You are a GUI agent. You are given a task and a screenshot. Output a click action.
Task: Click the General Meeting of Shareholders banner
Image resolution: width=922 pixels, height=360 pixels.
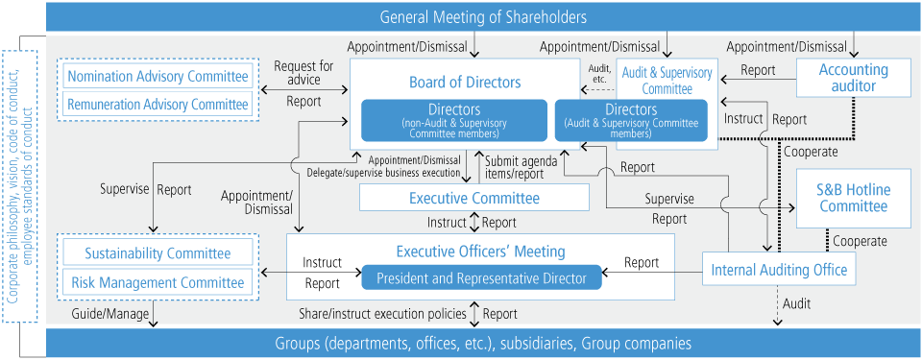pyautogui.click(x=483, y=16)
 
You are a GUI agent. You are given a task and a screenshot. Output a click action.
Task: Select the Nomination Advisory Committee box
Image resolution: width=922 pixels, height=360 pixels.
pyautogui.click(x=158, y=77)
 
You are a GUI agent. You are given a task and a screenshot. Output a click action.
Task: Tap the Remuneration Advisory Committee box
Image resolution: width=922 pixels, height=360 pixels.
pyautogui.click(x=158, y=105)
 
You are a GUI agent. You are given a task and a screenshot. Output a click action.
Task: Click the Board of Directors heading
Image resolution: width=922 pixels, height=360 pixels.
pyautogui.click(x=465, y=83)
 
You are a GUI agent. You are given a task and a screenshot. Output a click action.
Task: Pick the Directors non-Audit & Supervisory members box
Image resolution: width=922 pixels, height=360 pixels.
pyautogui.click(x=454, y=121)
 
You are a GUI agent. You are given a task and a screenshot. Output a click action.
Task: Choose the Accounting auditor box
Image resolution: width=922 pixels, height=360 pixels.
pyautogui.click(x=853, y=78)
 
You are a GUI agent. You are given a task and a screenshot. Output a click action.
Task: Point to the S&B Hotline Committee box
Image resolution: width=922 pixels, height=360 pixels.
pyautogui.click(x=853, y=198)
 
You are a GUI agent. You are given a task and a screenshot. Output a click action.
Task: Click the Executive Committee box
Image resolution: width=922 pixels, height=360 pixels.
pyautogui.click(x=474, y=198)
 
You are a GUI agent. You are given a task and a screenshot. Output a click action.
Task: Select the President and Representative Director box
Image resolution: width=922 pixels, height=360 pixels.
pyautogui.click(x=481, y=278)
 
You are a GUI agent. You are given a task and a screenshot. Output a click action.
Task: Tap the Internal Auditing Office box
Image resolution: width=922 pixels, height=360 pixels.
pyautogui.click(x=779, y=270)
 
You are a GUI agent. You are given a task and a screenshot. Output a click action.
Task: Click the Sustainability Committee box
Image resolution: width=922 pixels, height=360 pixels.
pyautogui.click(x=158, y=253)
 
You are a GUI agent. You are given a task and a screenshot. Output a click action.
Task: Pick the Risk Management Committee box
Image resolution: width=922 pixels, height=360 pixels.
pyautogui.click(x=158, y=282)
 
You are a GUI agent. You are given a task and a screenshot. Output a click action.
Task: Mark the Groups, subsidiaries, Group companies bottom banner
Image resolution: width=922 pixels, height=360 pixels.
pyautogui.click(x=483, y=343)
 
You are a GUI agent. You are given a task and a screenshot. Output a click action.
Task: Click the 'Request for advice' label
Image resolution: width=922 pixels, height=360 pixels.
pyautogui.click(x=303, y=73)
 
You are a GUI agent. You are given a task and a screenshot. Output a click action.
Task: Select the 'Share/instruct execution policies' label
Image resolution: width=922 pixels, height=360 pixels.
pyautogui.click(x=381, y=314)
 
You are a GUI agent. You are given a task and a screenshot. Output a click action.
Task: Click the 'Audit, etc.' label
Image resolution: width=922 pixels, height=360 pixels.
pyautogui.click(x=598, y=74)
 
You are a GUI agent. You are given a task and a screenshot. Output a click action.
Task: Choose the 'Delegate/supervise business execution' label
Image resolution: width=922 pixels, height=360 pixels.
pyautogui.click(x=383, y=174)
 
